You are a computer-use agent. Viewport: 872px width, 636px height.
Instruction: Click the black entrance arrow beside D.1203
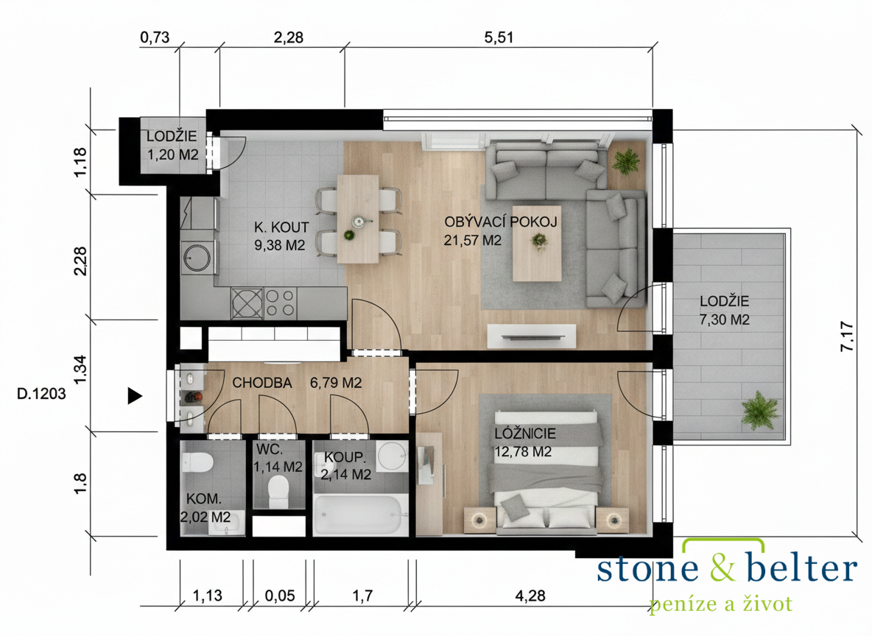pos(135,395)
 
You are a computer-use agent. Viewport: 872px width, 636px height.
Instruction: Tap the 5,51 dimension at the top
pos(499,38)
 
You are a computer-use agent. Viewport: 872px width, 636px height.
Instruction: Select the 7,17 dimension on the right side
pos(848,336)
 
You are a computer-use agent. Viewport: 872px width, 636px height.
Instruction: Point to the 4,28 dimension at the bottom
pos(530,596)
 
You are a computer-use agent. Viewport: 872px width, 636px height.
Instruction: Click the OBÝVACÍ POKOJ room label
pos(501,222)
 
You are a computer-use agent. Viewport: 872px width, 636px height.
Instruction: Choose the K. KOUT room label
pos(281,227)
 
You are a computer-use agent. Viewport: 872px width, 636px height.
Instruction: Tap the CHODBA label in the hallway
pos(262,383)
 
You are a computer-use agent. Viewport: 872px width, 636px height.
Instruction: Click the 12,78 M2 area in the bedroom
pos(523,451)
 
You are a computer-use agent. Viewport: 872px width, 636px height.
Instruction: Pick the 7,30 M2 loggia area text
pos(725,319)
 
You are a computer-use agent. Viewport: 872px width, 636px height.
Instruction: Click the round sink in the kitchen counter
pos(197,258)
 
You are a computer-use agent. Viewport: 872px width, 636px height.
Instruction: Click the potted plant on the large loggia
pos(759,410)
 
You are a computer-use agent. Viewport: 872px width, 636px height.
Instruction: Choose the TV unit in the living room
pos(531,336)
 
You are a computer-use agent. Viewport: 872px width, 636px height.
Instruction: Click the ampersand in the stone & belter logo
pos(722,567)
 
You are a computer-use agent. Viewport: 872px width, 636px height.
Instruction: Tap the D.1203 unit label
pos(41,394)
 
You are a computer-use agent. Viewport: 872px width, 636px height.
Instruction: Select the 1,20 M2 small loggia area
pos(173,155)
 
